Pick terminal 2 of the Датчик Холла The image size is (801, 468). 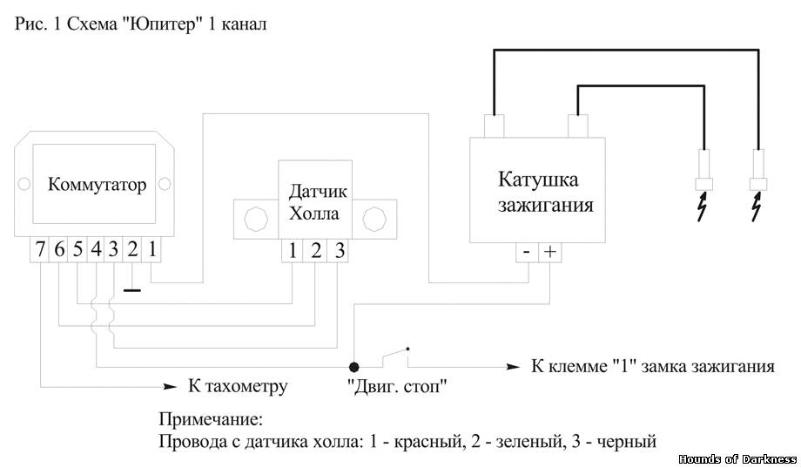315,251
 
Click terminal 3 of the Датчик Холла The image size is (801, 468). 338,251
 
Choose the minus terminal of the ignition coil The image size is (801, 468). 528,252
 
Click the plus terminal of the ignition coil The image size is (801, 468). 550,252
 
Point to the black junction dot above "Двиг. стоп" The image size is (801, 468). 353,367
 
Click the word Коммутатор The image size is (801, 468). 97,184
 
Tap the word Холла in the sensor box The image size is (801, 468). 313,214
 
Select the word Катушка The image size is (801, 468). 538,180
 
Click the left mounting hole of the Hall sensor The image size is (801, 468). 255,220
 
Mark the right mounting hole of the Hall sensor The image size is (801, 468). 374,220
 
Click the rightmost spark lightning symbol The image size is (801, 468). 757,207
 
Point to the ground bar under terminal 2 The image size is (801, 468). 132,290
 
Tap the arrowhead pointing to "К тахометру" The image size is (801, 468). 170,387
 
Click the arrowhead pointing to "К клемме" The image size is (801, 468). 513,367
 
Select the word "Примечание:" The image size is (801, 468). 211,420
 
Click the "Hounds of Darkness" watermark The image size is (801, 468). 737,458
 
